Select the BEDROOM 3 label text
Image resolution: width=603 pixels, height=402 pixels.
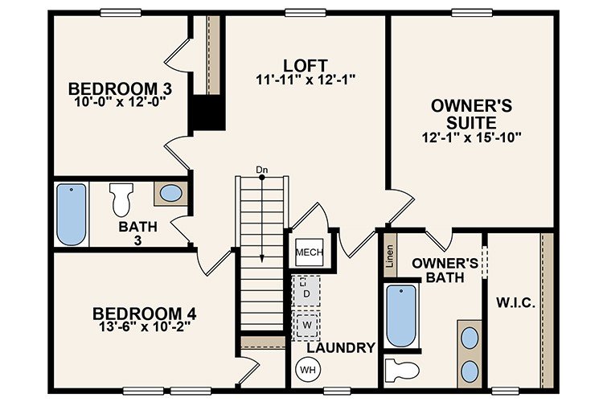tap(120, 88)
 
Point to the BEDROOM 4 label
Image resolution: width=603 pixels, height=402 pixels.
tap(144, 313)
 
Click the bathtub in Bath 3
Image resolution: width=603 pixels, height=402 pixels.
tap(72, 214)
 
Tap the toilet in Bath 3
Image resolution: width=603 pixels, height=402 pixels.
tap(122, 198)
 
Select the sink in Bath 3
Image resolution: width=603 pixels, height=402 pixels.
tap(171, 193)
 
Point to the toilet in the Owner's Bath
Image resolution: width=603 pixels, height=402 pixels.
tap(401, 371)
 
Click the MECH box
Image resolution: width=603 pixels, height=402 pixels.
tap(310, 252)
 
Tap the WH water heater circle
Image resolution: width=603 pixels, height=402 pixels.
tap(307, 370)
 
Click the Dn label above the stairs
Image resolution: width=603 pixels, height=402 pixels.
tap(261, 170)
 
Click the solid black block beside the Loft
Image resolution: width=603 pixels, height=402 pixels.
tap(207, 115)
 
